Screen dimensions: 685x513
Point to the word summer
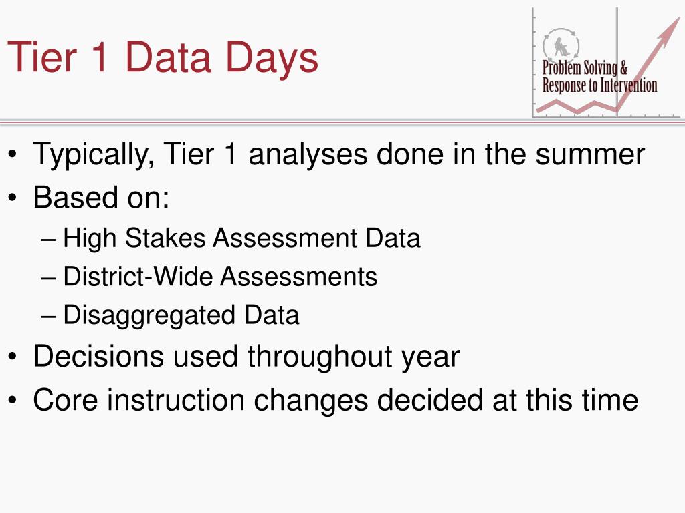(590, 154)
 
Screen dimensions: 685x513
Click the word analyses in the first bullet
(308, 155)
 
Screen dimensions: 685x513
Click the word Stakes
(165, 238)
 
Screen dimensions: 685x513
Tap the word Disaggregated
(149, 316)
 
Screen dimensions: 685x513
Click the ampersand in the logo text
(623, 68)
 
